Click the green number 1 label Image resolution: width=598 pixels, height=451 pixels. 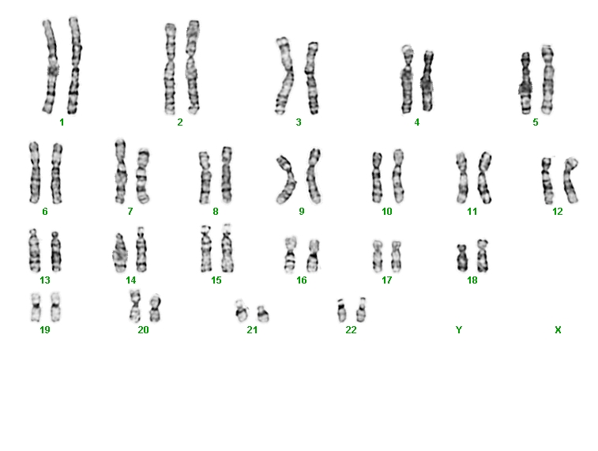coord(62,122)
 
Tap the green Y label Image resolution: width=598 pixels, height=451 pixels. coord(459,330)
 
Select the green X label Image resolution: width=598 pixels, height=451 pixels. coord(558,330)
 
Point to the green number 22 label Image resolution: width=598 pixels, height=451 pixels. coord(351,330)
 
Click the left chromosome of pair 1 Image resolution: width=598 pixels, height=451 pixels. coord(51,66)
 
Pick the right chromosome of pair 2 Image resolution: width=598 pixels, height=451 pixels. coord(193,66)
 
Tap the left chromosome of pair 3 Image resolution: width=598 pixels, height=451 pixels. coord(284,76)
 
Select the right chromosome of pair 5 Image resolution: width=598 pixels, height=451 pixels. coord(547,80)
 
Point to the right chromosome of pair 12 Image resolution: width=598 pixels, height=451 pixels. coord(570,180)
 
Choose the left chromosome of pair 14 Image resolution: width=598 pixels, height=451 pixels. coord(120,253)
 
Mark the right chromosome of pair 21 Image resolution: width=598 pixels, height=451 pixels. coord(263,314)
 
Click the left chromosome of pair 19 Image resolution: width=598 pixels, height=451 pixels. coord(36,307)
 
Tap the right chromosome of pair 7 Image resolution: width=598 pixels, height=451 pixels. coord(143,176)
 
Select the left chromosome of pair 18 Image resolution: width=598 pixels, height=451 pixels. coord(462,258)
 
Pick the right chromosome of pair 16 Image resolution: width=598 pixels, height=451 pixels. coord(313,255)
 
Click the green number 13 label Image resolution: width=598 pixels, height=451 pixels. coord(45,280)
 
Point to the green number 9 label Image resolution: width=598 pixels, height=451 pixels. coord(302,212)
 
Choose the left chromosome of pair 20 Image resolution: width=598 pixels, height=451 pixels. coord(134,306)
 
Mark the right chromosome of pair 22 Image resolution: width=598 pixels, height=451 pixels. coord(361,310)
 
